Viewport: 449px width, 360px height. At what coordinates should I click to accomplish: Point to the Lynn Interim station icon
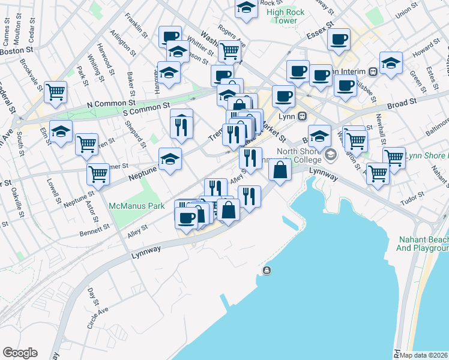pyautogui.click(x=373, y=71)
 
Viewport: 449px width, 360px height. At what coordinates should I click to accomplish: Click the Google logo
pyautogui.click(x=20, y=353)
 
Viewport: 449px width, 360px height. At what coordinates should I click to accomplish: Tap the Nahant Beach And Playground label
pyautogui.click(x=423, y=243)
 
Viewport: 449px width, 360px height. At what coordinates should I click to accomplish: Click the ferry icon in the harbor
pyautogui.click(x=267, y=270)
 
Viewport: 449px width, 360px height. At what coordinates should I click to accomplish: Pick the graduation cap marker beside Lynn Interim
pyautogui.click(x=390, y=63)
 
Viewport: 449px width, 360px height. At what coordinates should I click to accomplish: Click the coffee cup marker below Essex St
pyautogui.click(x=339, y=40)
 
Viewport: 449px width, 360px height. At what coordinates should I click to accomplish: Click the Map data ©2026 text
pyautogui.click(x=423, y=355)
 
